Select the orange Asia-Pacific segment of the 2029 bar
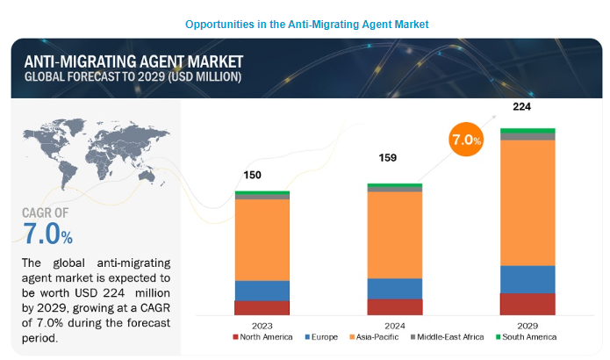(527, 202)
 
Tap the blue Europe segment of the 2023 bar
(262, 290)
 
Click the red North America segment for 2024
(395, 306)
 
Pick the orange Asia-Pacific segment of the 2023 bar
(262, 240)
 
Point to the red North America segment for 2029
(527, 303)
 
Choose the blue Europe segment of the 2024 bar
(395, 288)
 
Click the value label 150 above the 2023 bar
(252, 175)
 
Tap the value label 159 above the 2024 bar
(387, 158)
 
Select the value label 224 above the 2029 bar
(522, 107)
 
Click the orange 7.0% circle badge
(465, 140)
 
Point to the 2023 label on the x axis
(262, 323)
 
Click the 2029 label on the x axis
(527, 323)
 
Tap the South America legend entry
(526, 337)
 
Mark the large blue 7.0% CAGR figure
(48, 234)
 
